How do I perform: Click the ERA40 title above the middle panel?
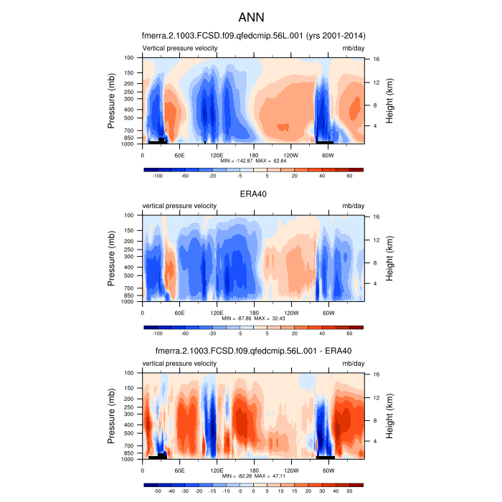(252, 194)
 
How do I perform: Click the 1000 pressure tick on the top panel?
(131, 144)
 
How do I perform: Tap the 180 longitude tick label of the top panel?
(254, 155)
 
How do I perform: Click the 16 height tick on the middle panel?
(375, 217)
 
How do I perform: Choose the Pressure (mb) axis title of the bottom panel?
(112, 417)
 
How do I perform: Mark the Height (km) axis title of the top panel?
(389, 101)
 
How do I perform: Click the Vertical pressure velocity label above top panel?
(180, 48)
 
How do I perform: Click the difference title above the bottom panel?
(252, 351)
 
